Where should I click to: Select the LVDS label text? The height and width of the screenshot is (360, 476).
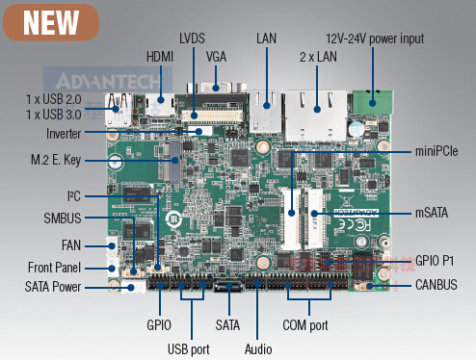pyautogui.click(x=193, y=38)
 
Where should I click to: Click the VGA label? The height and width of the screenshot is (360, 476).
pyautogui.click(x=216, y=57)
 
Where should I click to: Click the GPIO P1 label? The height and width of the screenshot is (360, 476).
pyautogui.click(x=440, y=260)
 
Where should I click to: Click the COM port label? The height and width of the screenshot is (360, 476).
pyautogui.click(x=307, y=325)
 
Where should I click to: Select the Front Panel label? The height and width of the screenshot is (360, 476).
pyautogui.click(x=55, y=268)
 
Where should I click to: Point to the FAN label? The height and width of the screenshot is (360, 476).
pyautogui.click(x=72, y=244)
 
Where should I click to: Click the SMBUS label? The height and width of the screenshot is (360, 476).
pyautogui.click(x=63, y=219)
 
